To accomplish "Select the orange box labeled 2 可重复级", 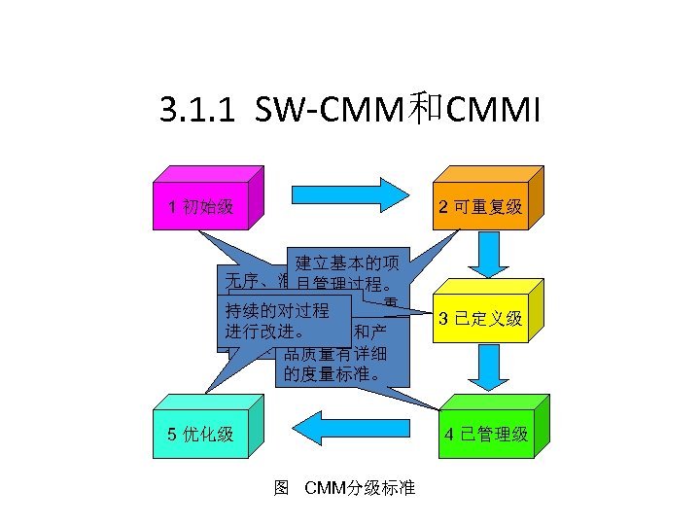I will (480, 206).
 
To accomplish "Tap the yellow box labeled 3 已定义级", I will (480, 318).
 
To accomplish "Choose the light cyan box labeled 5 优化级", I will (199, 433).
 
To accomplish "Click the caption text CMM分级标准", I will (360, 486).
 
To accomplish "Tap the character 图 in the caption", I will (282, 486).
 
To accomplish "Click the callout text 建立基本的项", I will (347, 262).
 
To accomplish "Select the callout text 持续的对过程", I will (276, 311).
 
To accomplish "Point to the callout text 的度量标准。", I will (332, 375).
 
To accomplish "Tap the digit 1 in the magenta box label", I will (171, 206).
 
